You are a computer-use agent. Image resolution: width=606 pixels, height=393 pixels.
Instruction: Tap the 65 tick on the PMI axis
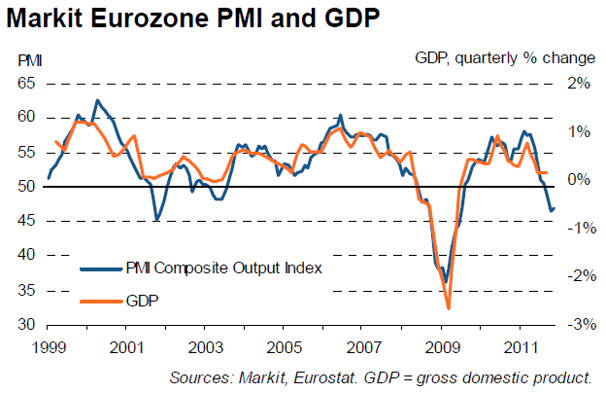point(26,84)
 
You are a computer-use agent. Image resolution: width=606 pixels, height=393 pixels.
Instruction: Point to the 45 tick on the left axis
point(26,221)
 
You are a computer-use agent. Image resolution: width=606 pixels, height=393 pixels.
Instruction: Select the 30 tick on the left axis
point(26,324)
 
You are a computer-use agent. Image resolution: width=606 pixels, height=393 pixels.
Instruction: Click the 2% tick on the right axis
point(580,84)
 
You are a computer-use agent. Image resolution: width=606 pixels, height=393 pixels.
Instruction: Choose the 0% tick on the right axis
point(580,180)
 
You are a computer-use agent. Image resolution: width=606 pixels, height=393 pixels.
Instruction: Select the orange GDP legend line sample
point(99,303)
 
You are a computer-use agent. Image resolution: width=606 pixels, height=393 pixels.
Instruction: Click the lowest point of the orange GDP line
point(449,308)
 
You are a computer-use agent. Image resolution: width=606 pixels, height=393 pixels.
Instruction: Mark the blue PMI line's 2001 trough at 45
point(156,221)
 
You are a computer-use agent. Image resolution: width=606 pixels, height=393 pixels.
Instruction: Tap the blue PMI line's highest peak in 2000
point(95,100)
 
